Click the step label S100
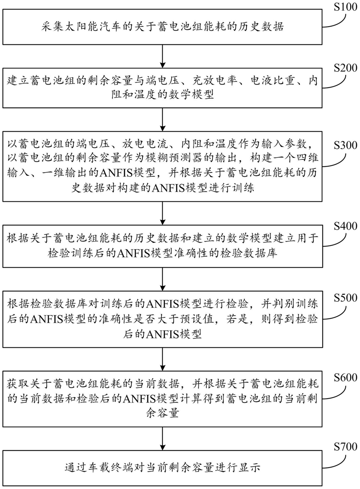coord(346,7)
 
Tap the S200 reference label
coord(346,68)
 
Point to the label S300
coord(346,146)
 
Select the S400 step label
coord(346,226)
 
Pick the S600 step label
coord(346,378)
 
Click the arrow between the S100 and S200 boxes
coord(163,56)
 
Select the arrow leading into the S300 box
coord(163,119)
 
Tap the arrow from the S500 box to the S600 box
coord(163,359)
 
